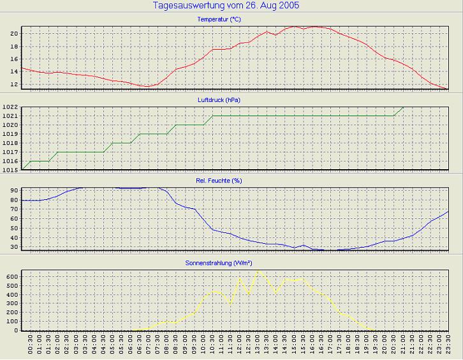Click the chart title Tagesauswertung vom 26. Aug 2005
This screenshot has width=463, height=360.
(x=226, y=6)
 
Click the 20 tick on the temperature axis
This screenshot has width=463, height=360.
(x=13, y=33)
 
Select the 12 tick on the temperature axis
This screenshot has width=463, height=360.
(x=13, y=85)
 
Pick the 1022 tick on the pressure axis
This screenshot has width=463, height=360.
(x=10, y=107)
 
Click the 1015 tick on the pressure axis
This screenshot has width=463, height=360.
(x=10, y=170)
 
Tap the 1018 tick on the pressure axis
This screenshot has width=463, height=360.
(x=10, y=143)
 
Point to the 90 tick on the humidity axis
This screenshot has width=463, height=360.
(x=13, y=190)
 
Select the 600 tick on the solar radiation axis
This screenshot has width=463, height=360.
(x=11, y=276)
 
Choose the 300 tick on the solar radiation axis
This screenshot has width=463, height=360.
(x=11, y=303)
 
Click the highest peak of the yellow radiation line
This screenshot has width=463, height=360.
(x=258, y=271)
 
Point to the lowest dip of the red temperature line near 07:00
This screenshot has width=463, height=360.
(x=147, y=86)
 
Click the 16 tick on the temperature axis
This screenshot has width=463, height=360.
(x=13, y=59)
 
